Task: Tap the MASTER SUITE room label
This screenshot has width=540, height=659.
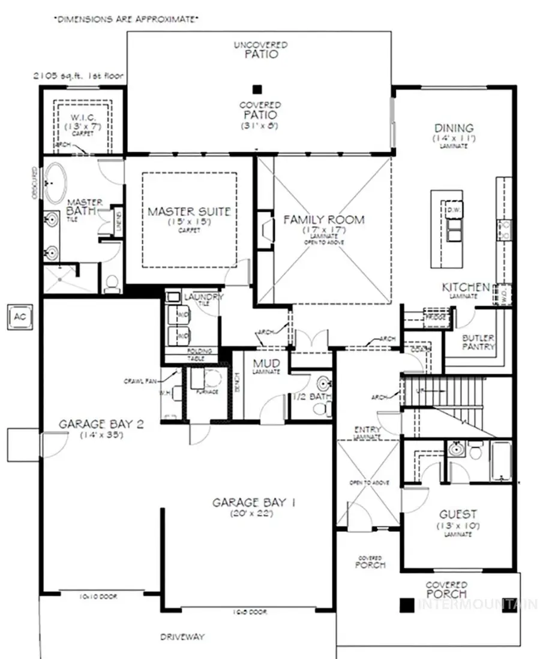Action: [189, 212]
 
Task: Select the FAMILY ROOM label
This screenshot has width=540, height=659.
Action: [323, 219]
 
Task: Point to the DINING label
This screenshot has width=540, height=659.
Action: [454, 128]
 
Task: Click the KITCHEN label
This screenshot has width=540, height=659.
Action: [466, 287]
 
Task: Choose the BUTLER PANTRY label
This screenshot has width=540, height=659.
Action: [478, 342]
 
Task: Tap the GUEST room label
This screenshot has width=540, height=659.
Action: [458, 514]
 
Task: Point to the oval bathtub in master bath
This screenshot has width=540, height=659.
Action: [56, 182]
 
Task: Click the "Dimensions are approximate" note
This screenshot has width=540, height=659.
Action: [126, 19]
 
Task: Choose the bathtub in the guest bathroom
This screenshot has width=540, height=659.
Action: [501, 461]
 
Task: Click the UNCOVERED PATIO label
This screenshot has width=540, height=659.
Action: [261, 50]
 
